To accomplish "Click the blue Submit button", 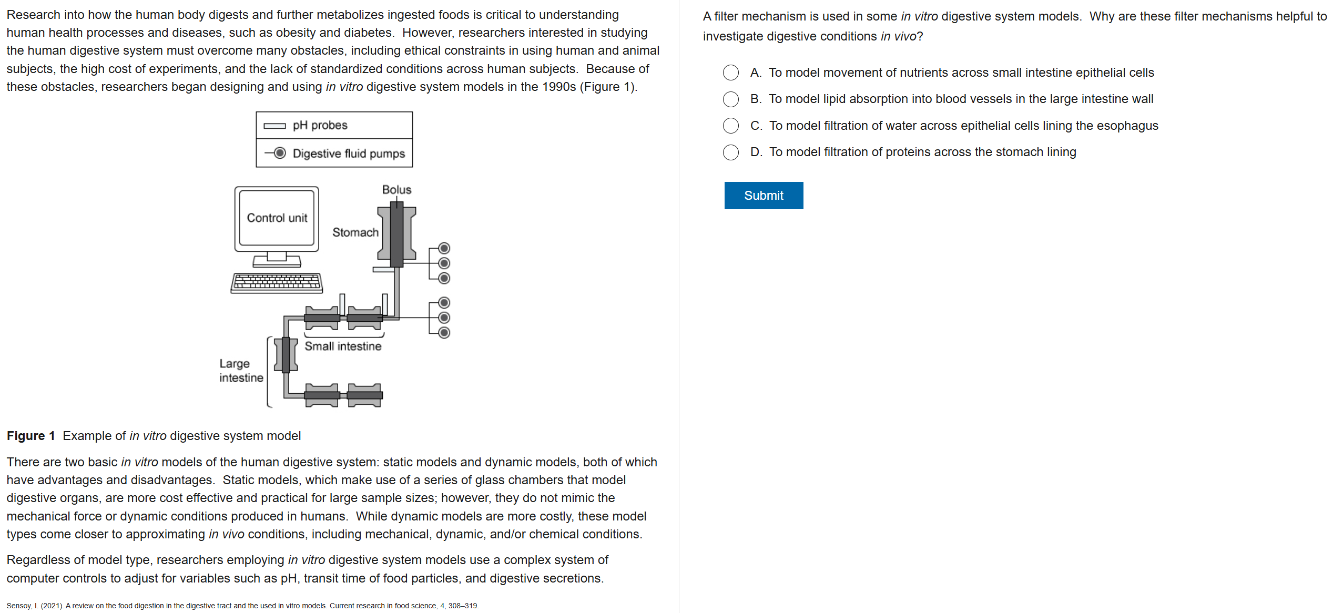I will point(763,196).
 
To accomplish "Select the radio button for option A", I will point(730,73).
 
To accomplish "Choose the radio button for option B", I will point(730,99).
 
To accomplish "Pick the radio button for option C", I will point(730,126).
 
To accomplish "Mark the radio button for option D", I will point(730,152).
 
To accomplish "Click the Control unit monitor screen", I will point(277,218).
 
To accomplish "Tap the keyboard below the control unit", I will point(277,283).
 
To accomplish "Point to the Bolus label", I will point(396,190).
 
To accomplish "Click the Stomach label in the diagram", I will point(355,232).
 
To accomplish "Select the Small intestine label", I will point(343,346).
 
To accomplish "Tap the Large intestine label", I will point(241,371).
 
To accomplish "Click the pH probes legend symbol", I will point(274,126).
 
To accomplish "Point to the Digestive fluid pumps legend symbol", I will point(276,153).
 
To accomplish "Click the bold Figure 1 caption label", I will point(30,436).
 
